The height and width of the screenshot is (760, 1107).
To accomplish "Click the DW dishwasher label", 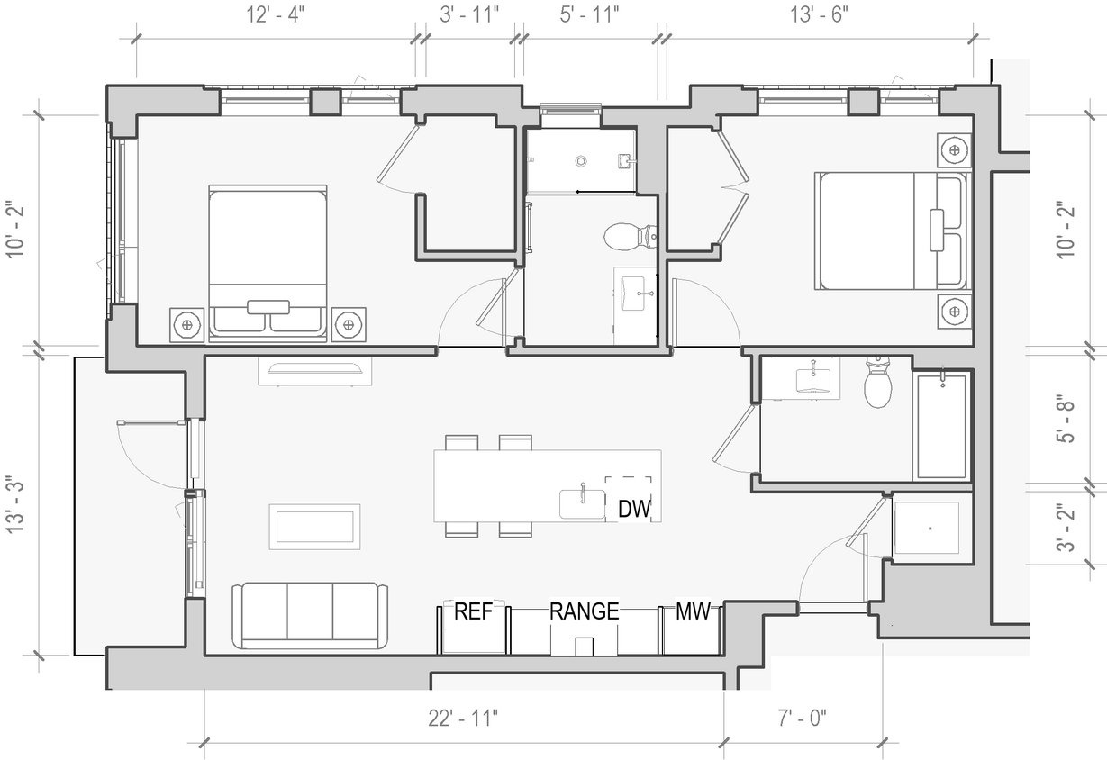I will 634,509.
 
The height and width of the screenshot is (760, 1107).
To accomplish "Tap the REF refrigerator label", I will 473,612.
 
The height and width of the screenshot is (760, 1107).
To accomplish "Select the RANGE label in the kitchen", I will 585,612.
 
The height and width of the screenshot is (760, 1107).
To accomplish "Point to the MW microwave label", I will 693,612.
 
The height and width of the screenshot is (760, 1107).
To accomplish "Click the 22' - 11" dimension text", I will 463,719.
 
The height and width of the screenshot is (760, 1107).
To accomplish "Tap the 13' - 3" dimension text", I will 17,505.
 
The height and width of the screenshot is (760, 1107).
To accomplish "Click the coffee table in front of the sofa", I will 314,526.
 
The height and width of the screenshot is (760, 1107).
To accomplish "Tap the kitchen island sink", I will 582,503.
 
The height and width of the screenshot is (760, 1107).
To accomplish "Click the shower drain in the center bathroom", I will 582,161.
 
